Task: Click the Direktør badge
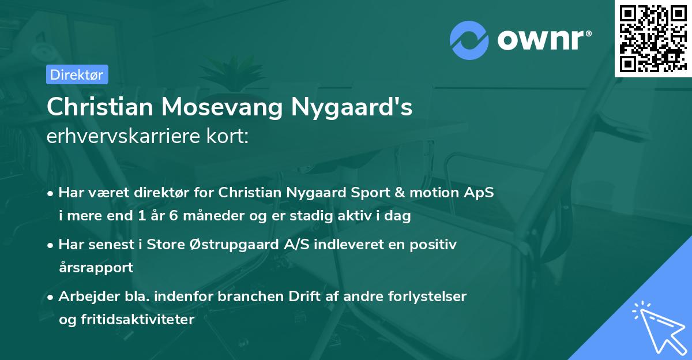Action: [x=76, y=74]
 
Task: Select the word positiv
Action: [x=435, y=245]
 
